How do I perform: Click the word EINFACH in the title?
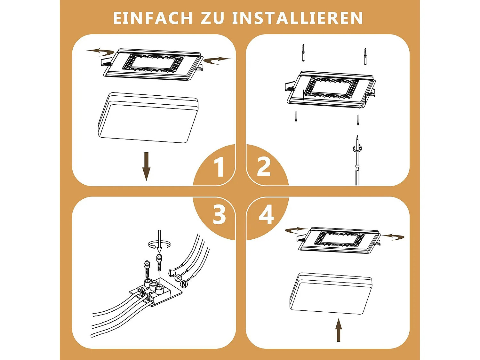click(x=153, y=18)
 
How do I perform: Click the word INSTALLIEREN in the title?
click(x=298, y=18)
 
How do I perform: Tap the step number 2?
click(x=264, y=166)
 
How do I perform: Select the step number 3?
click(x=219, y=215)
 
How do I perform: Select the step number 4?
click(x=266, y=215)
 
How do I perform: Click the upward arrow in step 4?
click(x=339, y=330)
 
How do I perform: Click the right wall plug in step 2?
click(x=365, y=56)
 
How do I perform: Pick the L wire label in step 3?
click(x=172, y=273)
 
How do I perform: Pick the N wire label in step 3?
click(x=184, y=284)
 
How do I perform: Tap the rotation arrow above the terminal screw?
click(x=159, y=244)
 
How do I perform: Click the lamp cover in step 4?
click(x=331, y=293)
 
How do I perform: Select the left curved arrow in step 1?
click(x=100, y=51)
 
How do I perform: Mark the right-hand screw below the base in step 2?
click(x=358, y=120)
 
